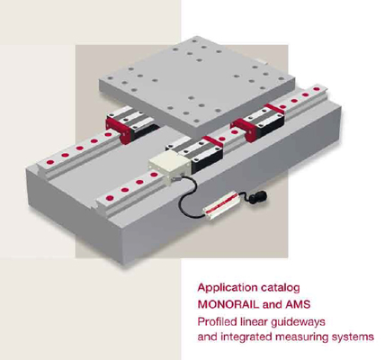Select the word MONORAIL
tap(228, 304)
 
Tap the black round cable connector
tap(258, 197)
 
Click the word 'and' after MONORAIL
tap(271, 304)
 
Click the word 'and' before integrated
tap(208, 337)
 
